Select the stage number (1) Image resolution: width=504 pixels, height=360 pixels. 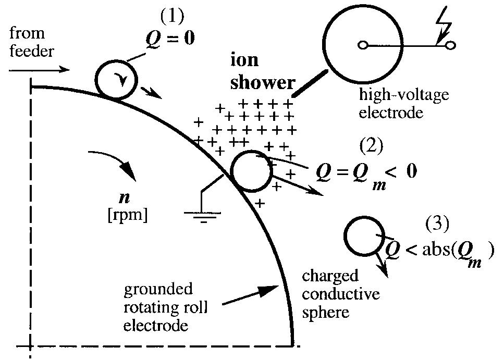point(172,17)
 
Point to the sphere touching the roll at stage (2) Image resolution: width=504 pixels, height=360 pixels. point(250,172)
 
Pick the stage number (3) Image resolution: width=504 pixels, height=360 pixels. point(436,224)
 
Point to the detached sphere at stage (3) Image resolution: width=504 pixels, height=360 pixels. point(363,236)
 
